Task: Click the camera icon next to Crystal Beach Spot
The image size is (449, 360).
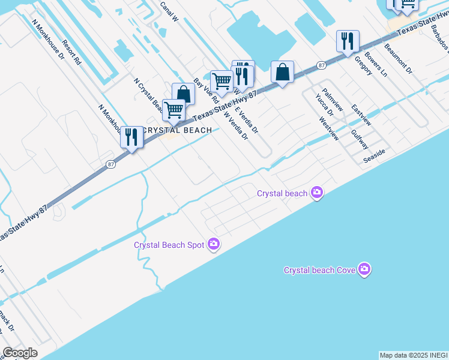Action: click(213, 244)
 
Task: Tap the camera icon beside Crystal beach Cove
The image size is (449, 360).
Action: click(364, 269)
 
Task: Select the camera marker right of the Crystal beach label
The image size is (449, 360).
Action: click(316, 193)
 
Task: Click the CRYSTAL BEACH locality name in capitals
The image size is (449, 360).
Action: click(178, 130)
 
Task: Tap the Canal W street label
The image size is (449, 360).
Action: click(170, 11)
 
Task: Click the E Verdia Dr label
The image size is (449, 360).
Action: click(246, 119)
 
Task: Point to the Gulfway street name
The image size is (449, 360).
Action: click(361, 140)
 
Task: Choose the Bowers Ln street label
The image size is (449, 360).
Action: click(376, 67)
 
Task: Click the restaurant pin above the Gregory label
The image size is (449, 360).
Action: click(348, 41)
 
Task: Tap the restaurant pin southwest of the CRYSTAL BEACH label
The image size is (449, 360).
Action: click(131, 137)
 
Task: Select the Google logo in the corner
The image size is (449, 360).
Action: click(20, 353)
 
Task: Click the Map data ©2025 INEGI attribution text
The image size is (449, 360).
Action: click(414, 355)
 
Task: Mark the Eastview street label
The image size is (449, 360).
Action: click(361, 115)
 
